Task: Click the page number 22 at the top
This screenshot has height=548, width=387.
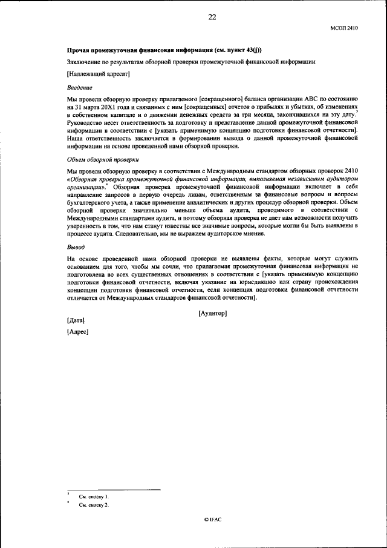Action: coord(212,18)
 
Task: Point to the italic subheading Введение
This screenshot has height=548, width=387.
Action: coord(79,87)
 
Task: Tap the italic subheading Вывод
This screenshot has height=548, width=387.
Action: coord(76,247)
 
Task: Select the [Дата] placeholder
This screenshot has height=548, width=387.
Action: coord(76,320)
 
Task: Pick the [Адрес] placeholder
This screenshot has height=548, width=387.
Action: coord(77,332)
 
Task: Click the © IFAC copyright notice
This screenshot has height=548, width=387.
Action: coord(212,520)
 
